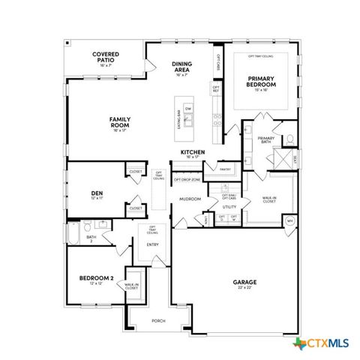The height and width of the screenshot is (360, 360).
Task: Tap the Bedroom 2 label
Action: (96, 278)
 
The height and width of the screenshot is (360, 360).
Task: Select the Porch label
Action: (158, 321)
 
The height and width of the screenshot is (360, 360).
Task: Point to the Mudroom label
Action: (188, 199)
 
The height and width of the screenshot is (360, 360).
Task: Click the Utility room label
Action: (229, 206)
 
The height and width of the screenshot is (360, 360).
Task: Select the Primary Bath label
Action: (266, 140)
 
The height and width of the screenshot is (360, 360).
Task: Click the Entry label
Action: (152, 244)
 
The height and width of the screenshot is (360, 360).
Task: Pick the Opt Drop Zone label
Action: (187, 180)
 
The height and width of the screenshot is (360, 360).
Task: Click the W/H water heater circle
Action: (290, 220)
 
